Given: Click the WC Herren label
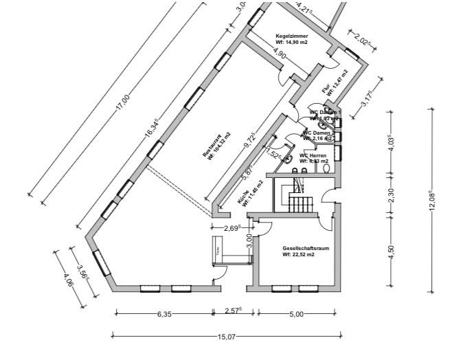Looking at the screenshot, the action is (313, 159).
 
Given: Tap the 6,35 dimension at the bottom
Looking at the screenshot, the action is (163, 314).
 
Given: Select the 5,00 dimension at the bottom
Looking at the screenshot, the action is (296, 314).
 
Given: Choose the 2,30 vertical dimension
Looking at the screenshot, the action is (392, 196).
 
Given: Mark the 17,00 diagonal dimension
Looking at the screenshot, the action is (122, 103).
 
